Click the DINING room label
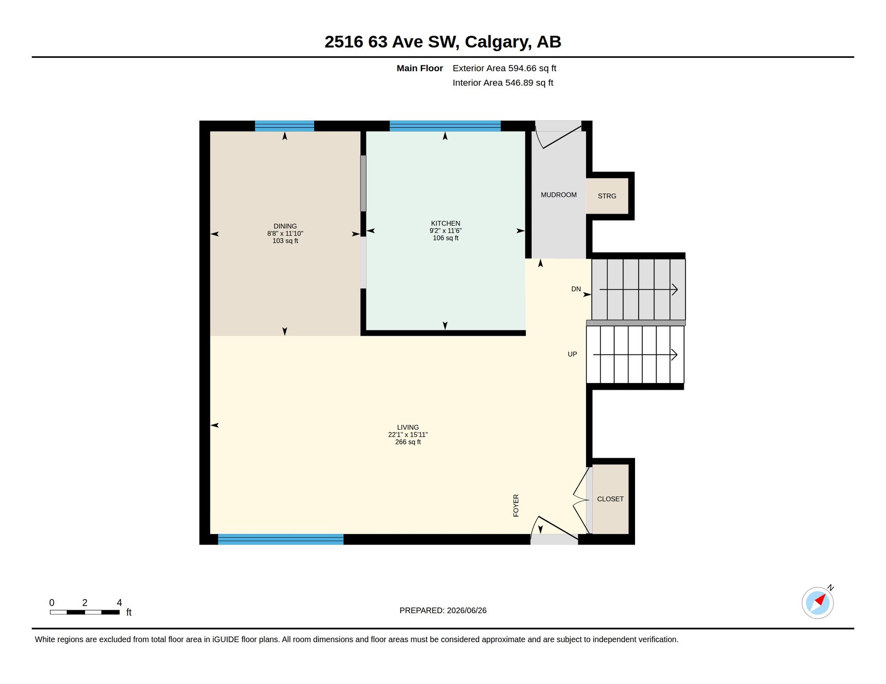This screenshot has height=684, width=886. tap(285, 226)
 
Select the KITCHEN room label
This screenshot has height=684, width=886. tap(446, 224)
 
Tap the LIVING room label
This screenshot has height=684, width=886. tap(408, 427)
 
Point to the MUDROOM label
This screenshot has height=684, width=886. tap(559, 195)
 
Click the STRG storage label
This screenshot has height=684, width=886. tap(607, 196)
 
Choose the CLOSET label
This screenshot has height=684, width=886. tap(611, 499)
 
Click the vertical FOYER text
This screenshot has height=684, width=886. tap(516, 505)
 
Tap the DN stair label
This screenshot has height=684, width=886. tap(576, 289)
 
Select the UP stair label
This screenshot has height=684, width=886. tap(572, 354)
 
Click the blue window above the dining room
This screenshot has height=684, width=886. tap(284, 126)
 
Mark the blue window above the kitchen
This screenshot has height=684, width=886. tap(445, 126)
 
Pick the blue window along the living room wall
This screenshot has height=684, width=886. tap(281, 539)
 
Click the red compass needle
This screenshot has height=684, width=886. tap(820, 600)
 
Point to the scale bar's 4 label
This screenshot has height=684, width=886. tap(119, 603)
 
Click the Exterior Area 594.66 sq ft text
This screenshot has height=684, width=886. tap(505, 68)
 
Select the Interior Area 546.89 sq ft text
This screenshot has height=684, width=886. tap(503, 83)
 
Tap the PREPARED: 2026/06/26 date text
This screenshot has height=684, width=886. tap(443, 611)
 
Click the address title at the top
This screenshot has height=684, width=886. tap(443, 42)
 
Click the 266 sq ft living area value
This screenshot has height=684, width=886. tap(408, 442)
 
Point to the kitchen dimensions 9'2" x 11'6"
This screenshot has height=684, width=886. tap(446, 231)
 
